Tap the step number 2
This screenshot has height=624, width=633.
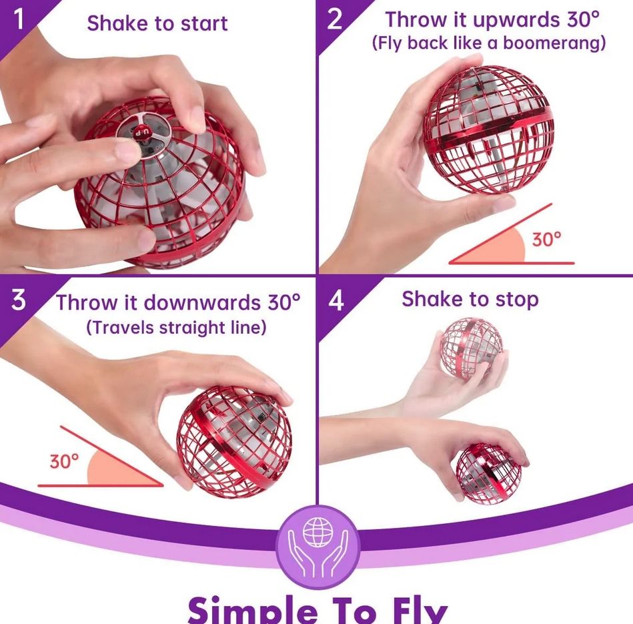pyautogui.click(x=335, y=19)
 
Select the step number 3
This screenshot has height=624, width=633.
pyautogui.click(x=19, y=300)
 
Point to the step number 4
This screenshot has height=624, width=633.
pyautogui.click(x=336, y=301)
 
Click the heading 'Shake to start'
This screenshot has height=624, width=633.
pyautogui.click(x=157, y=23)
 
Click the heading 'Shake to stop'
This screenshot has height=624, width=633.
pyautogui.click(x=470, y=300)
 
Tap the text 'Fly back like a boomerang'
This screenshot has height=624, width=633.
pyautogui.click(x=488, y=43)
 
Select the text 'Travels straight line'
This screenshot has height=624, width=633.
pyautogui.click(x=176, y=327)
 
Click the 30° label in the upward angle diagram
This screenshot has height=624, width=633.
pyautogui.click(x=546, y=240)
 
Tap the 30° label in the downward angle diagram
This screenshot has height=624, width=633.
pyautogui.click(x=64, y=460)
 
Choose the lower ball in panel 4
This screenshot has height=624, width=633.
pyautogui.click(x=488, y=473)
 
